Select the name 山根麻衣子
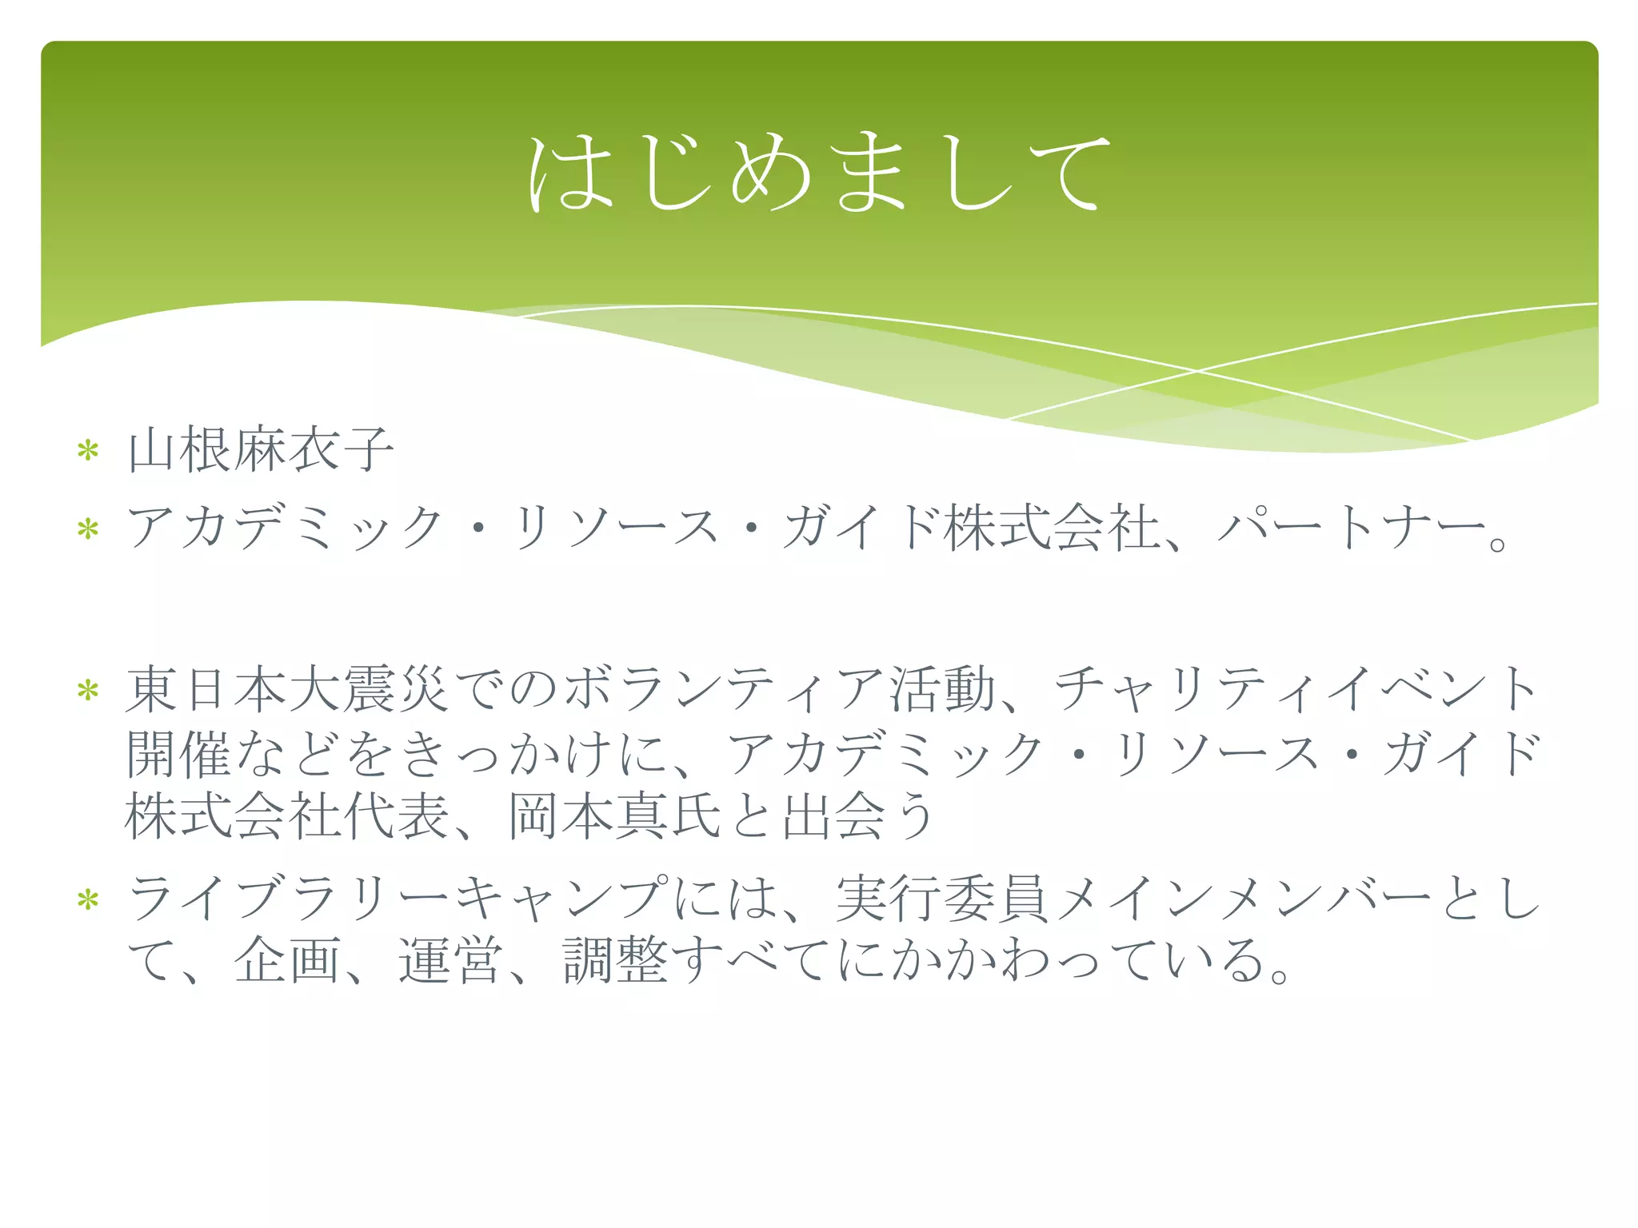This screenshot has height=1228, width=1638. [261, 450]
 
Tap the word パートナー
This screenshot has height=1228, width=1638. [1352, 528]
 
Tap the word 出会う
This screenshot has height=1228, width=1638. [859, 815]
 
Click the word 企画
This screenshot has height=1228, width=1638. [287, 959]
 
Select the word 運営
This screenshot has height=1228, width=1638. [451, 959]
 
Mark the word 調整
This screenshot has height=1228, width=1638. [615, 959]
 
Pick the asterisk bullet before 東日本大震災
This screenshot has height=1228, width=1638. [88, 690]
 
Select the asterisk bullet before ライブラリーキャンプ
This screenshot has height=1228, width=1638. [88, 900]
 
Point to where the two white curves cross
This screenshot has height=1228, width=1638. [1197, 371]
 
